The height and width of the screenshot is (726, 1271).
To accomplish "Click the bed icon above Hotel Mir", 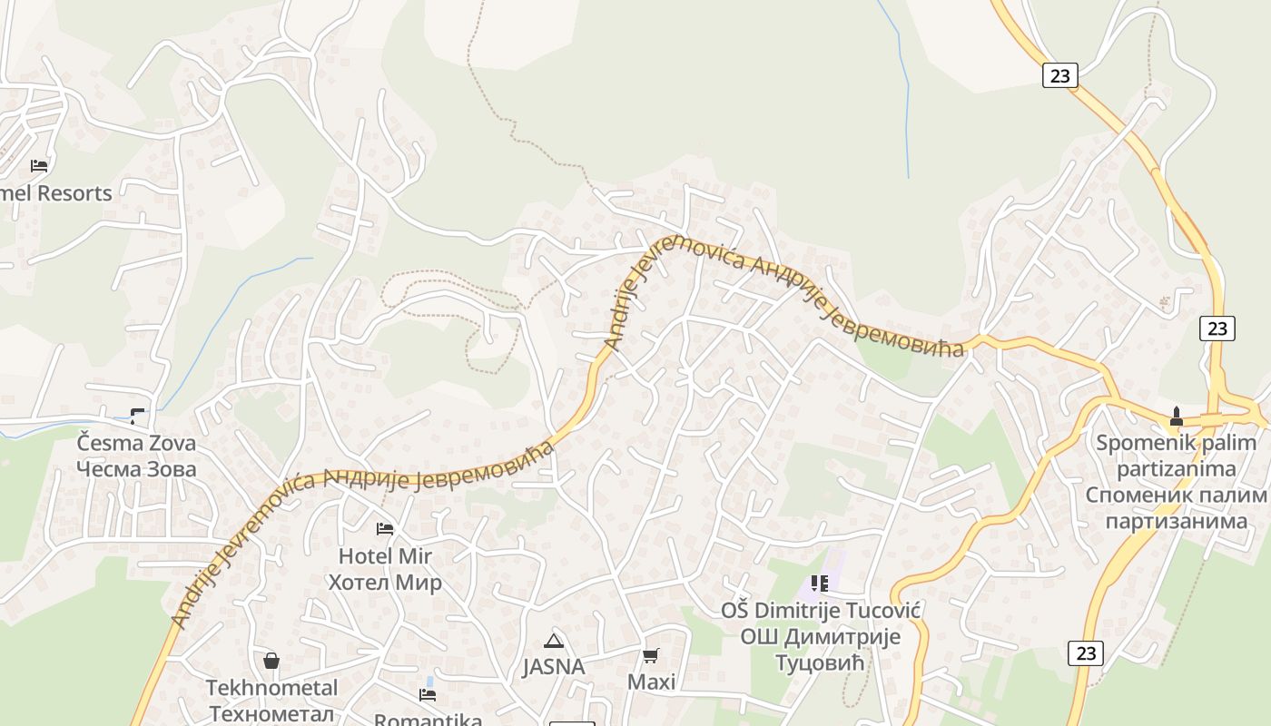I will pos(385,528).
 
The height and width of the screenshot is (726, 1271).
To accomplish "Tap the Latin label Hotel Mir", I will pos(385,555).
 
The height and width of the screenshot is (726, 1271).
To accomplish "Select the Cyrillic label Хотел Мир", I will pos(385,582).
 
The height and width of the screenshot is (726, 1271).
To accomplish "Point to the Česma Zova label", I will pos(136,444).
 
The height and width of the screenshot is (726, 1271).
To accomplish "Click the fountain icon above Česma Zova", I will pos(137,416).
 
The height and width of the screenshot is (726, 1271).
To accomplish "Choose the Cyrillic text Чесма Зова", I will pos(136,469).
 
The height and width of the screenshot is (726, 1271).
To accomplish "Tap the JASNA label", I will pos(553,667).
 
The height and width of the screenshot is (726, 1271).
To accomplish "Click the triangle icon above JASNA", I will pos(553,640).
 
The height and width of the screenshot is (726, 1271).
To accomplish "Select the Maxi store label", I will pos(651,682).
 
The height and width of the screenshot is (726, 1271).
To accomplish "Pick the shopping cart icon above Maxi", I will pos(651,654).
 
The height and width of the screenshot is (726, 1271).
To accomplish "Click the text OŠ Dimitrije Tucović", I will pos(821,610).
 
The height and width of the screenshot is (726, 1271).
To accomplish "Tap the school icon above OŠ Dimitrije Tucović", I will pos(820,583).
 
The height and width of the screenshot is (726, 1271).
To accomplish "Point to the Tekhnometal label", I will pos(271,687).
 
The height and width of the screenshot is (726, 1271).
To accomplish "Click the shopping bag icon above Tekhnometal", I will pos(271,660).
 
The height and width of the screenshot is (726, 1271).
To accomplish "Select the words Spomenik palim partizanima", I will pos(1177,456).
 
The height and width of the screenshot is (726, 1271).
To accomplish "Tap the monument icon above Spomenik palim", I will pos(1177,417).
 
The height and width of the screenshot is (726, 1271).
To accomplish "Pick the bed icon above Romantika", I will pos(428,695).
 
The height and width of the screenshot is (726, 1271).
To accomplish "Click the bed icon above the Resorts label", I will pos(39,165).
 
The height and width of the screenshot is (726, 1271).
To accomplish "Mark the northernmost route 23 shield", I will pos(1059,75).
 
